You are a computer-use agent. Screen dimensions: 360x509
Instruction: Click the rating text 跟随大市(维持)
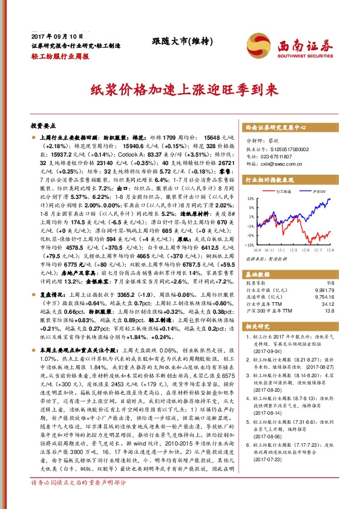(x=174, y=41)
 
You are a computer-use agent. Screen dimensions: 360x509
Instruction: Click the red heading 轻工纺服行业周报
(x=59, y=56)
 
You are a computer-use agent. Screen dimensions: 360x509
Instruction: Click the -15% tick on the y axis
(x=249, y=245)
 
